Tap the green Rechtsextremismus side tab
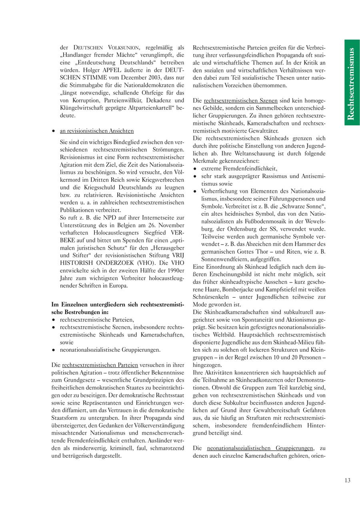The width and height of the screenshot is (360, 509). coord(352,82)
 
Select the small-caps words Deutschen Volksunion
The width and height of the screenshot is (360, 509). coord(106,48)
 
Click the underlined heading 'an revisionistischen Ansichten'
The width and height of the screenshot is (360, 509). coord(97,131)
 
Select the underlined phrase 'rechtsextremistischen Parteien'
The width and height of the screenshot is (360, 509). coord(100,365)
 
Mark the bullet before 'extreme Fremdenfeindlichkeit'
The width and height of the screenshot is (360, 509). coord(195,169)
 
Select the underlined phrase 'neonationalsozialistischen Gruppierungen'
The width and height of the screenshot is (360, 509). coord(260,448)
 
